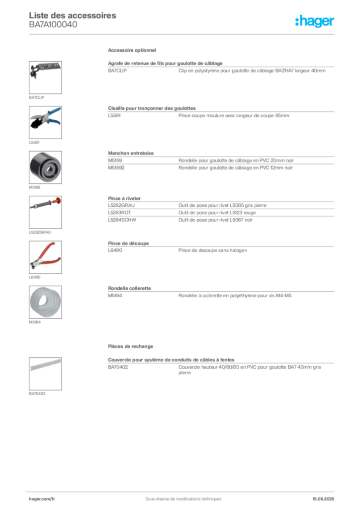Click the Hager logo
(x=315, y=21)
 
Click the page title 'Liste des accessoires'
(x=73, y=15)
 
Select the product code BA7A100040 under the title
(x=53, y=25)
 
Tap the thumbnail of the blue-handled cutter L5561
(x=45, y=122)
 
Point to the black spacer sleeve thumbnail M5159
(x=45, y=167)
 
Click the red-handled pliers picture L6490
(x=45, y=257)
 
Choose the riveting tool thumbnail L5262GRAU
(x=45, y=212)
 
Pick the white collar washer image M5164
(x=45, y=302)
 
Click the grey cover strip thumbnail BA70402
(x=45, y=374)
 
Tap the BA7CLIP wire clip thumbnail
(x=45, y=78)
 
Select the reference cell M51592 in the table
(x=116, y=168)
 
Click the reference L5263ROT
(x=119, y=213)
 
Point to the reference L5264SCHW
(x=122, y=220)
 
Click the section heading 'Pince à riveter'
(x=124, y=198)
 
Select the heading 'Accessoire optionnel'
(x=132, y=50)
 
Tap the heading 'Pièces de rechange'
(x=130, y=346)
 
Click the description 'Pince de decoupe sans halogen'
(x=213, y=251)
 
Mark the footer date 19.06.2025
(x=323, y=499)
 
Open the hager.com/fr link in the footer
(x=42, y=499)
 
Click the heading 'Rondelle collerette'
(x=129, y=288)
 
